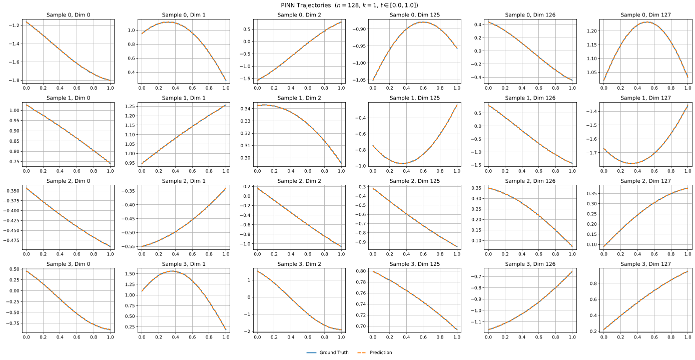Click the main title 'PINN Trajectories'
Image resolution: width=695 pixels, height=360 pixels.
point(306,5)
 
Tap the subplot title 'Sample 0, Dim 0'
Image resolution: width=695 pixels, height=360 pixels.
point(68,15)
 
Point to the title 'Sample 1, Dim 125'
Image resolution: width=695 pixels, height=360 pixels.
point(414,98)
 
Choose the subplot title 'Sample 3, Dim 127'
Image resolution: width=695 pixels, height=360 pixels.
point(645,264)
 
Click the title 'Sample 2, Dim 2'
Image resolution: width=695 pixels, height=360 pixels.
point(299,181)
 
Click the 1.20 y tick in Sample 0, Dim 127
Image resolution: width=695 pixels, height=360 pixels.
point(591,31)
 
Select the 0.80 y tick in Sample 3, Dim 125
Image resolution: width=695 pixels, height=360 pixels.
point(361,271)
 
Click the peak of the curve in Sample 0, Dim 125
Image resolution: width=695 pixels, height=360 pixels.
point(423,22)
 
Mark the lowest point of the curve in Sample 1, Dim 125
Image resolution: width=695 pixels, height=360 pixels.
point(402,163)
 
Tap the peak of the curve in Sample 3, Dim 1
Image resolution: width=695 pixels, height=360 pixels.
point(172,271)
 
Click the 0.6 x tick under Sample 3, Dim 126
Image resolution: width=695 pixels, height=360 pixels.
point(538,337)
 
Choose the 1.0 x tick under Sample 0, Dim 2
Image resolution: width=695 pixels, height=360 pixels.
point(341,88)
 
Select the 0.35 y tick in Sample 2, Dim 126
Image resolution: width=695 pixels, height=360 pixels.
point(476,188)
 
